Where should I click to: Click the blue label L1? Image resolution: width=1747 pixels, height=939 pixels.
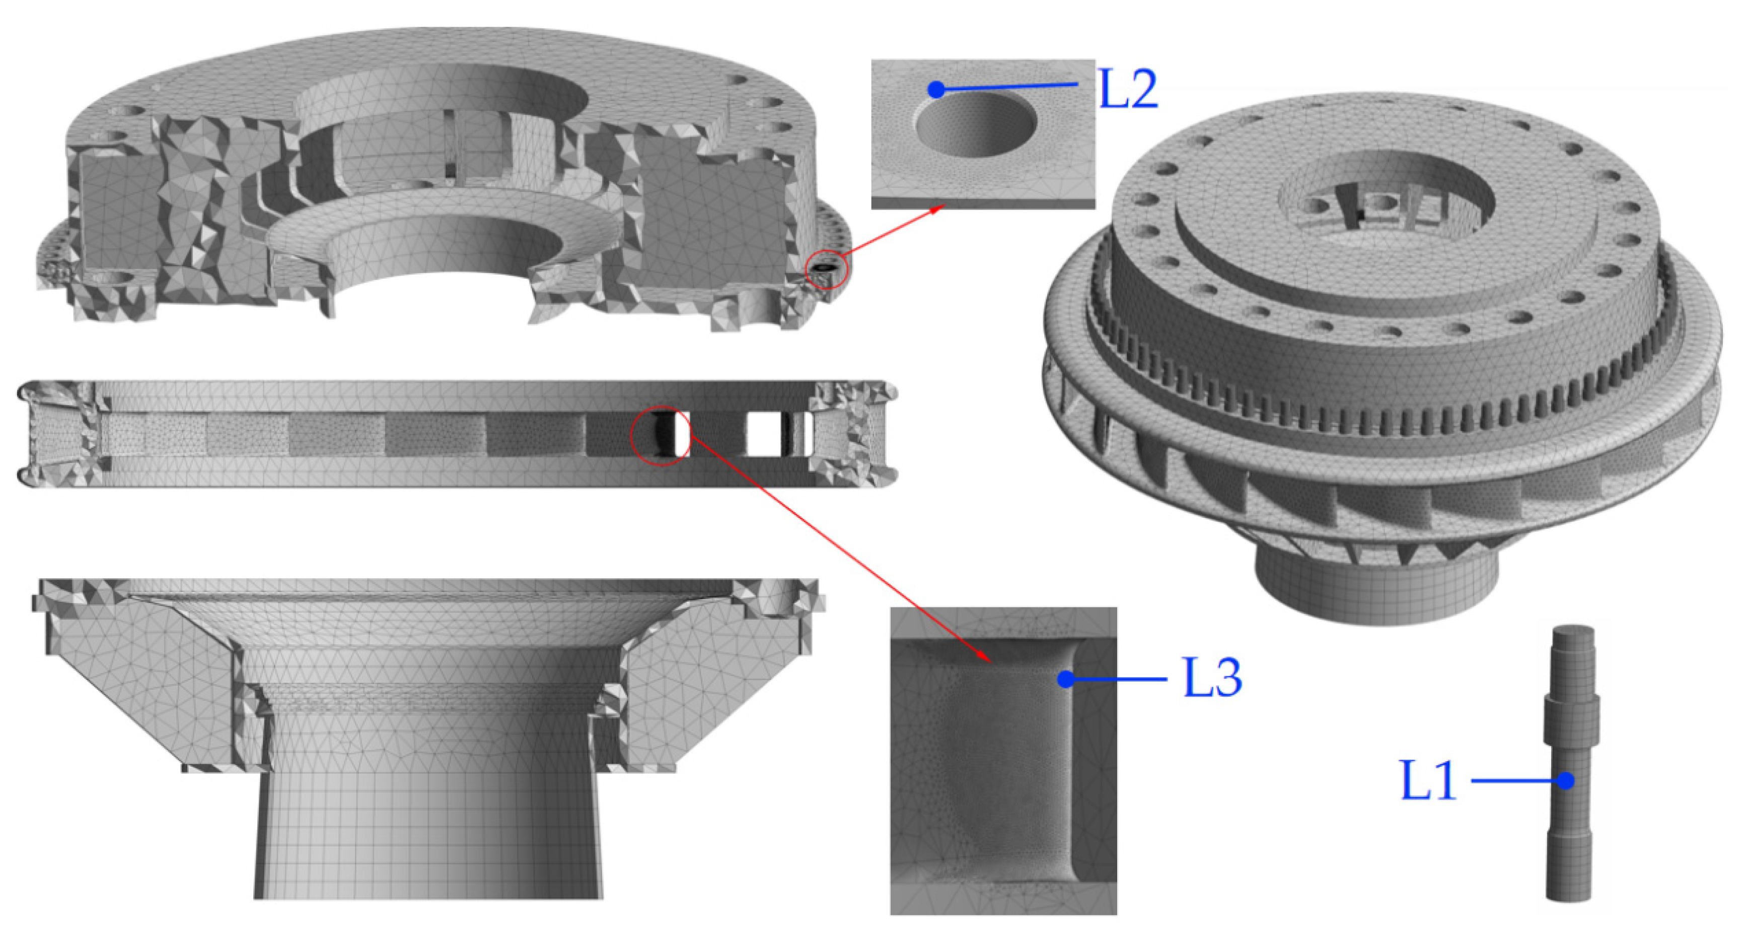pos(1428,781)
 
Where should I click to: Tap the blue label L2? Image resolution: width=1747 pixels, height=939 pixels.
pos(1128,89)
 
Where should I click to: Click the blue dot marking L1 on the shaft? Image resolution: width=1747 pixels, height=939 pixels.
pos(1565,781)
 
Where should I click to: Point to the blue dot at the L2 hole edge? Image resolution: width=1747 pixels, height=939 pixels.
pos(936,89)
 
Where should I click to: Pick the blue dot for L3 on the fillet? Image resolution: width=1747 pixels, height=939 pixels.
pos(1065,679)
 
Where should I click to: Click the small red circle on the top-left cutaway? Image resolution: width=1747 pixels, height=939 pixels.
pos(827,270)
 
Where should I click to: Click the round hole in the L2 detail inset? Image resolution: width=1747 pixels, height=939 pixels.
pos(976,125)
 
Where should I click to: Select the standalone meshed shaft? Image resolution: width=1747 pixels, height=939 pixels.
pos(1572,763)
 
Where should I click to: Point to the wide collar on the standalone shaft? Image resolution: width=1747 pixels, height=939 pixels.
pos(1572,720)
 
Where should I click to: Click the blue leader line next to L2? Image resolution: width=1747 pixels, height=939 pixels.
pos(1007,87)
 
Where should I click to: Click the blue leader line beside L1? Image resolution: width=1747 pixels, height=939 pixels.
pos(1518,781)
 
